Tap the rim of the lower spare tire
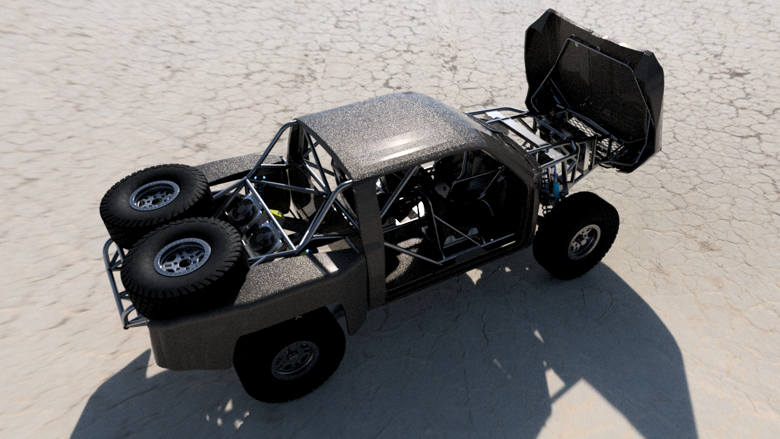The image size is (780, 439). (182, 257)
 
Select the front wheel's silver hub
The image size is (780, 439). (584, 241)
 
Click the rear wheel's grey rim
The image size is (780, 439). (295, 360)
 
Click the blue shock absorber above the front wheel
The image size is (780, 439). (555, 185)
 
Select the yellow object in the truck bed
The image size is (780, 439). (277, 214)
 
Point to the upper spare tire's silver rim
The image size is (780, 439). (154, 195)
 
